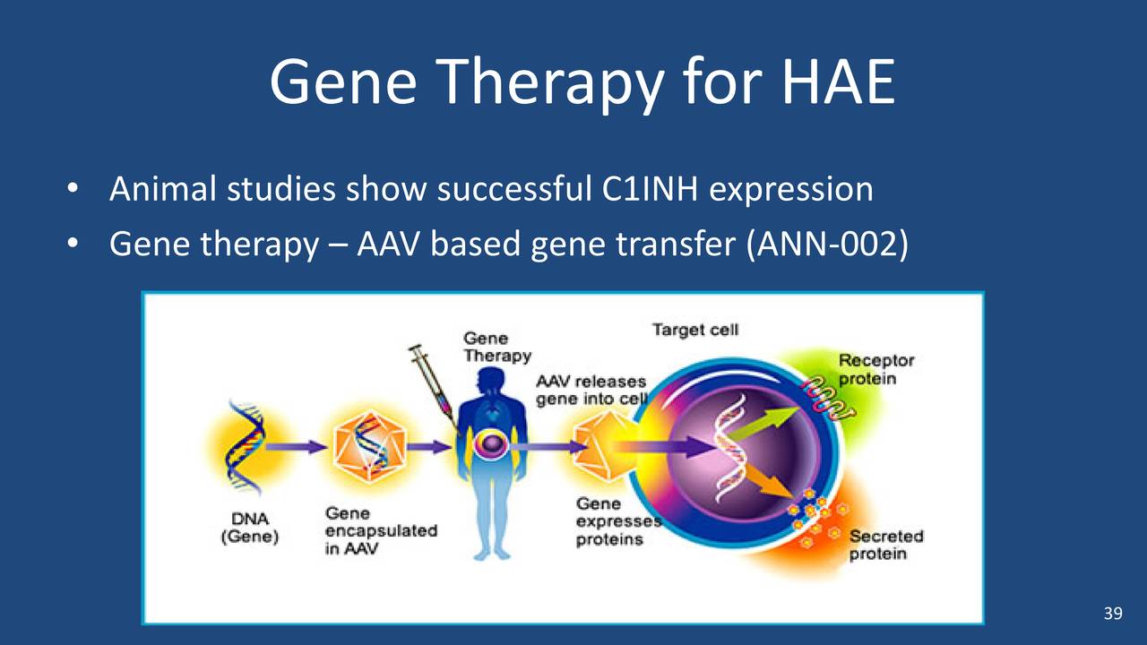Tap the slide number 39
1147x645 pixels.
coord(1112,614)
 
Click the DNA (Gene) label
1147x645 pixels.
coord(250,529)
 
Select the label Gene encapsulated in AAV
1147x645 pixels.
coord(380,530)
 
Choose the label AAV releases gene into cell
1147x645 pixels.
coord(591,391)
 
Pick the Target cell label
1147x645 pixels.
coord(694,330)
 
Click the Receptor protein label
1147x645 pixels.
coord(875,369)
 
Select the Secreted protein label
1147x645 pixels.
coord(885,545)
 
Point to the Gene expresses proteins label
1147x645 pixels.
coord(609,521)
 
